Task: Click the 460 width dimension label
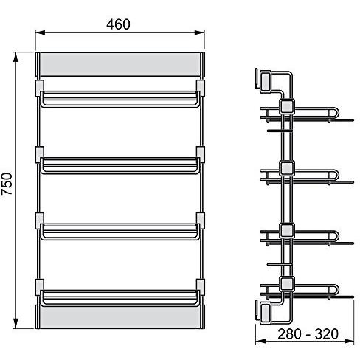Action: [118, 24]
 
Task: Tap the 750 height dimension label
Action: [7, 184]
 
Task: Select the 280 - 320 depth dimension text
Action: [308, 334]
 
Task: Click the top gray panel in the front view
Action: [120, 64]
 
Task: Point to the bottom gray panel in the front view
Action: [120, 317]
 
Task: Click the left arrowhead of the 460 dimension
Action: [41, 32]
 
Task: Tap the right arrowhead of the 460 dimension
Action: [200, 32]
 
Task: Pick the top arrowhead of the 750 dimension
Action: [15, 57]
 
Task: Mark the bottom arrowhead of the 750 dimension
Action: [15, 323]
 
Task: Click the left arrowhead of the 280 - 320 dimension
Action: [260, 341]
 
